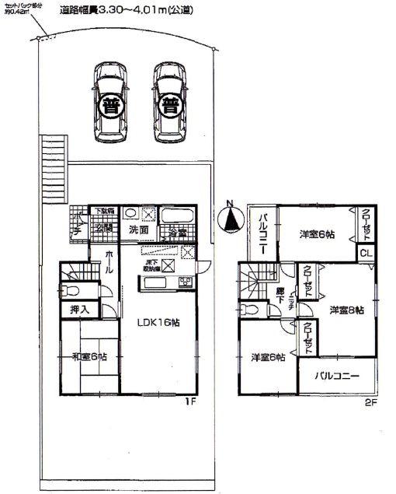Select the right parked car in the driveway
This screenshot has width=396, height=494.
point(168,101)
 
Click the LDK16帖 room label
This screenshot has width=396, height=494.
point(159,323)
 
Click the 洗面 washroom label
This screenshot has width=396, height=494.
point(139,230)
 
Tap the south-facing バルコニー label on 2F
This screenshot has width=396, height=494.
point(337,376)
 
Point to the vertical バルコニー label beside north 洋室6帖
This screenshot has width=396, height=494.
point(262,230)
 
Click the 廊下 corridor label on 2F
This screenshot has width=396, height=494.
point(280,296)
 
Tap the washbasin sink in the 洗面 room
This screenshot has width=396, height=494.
point(132,212)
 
